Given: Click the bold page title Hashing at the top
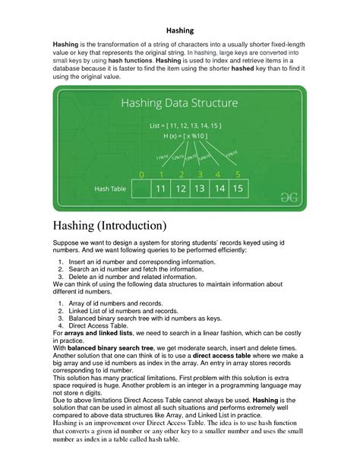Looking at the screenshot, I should coord(179,31).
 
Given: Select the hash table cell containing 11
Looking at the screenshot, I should coord(160,187).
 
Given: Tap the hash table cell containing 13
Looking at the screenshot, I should coord(200,187).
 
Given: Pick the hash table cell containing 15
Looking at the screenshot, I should coord(238,187).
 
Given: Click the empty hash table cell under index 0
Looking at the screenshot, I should coord(141,187).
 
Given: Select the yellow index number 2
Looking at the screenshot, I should coord(181,173).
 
